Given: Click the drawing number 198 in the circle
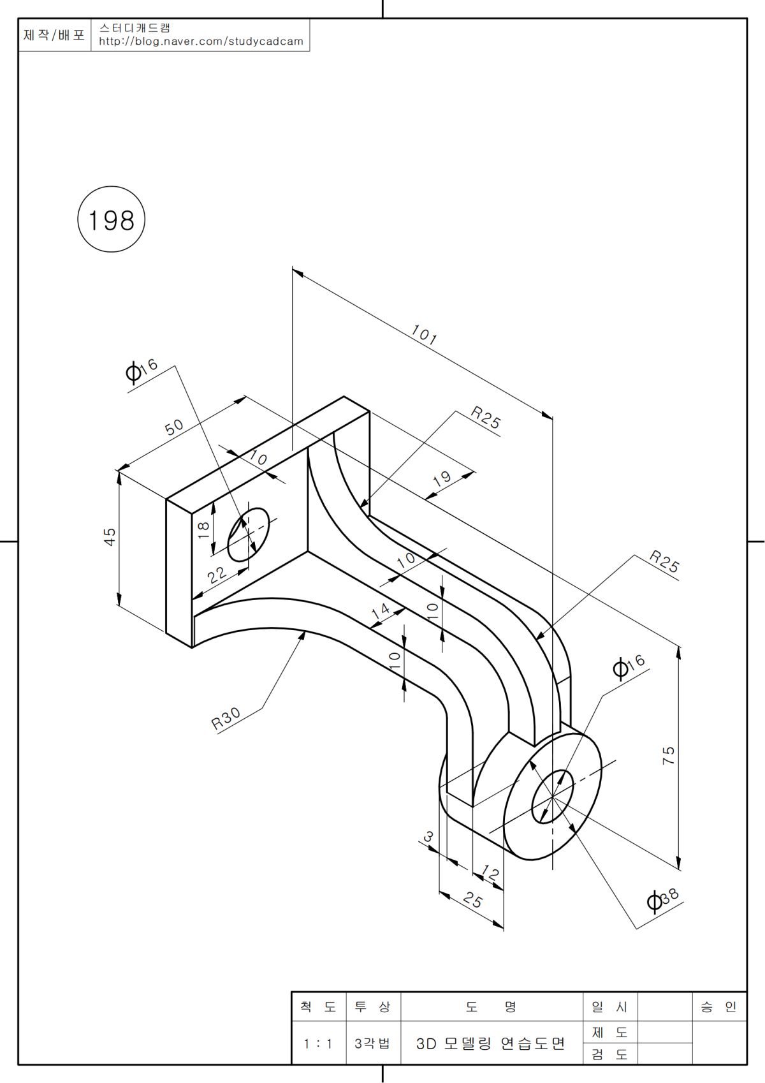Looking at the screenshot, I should (112, 221).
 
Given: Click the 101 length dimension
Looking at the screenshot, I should (424, 335).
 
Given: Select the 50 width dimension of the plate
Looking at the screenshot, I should (174, 427).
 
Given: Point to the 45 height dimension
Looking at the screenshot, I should (110, 536).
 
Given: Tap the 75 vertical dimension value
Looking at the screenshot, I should (668, 756).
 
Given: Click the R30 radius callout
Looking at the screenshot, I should (226, 718).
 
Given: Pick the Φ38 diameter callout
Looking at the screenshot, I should (663, 899).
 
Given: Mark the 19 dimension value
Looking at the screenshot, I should (442, 478).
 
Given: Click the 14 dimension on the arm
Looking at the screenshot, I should (380, 610).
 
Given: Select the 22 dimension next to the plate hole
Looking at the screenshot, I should (217, 574).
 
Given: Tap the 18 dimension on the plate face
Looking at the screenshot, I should (203, 529).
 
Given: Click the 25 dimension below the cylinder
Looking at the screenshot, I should (473, 899).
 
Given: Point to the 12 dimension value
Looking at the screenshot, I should (490, 872).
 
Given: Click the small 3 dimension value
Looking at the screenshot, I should (428, 836).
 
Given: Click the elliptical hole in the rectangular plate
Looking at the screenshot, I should (249, 534).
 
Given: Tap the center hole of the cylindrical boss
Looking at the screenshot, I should (552, 797).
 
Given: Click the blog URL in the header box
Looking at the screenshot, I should (201, 41).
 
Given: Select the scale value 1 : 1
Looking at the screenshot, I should (318, 1044).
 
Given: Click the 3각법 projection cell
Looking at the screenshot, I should (372, 1044).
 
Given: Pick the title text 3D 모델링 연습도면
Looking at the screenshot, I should (491, 1044).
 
